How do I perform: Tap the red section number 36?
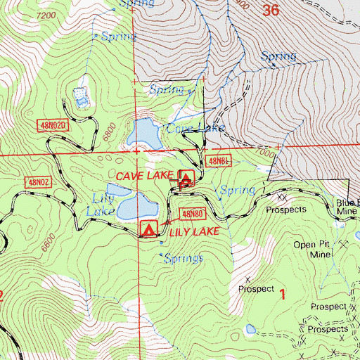[271, 10]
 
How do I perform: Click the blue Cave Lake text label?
[195, 128]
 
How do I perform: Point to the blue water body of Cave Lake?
[144, 131]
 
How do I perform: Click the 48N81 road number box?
[220, 161]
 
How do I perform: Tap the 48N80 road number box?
[192, 213]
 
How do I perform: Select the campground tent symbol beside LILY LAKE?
[148, 229]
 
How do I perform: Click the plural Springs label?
[184, 258]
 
